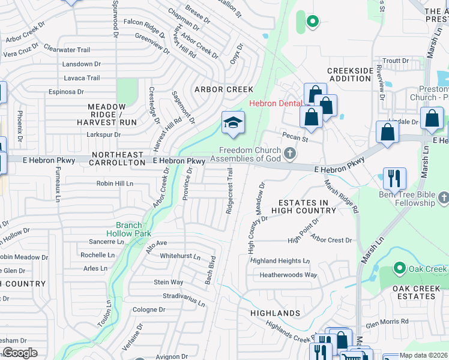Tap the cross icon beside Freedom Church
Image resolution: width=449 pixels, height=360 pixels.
(x=289, y=154)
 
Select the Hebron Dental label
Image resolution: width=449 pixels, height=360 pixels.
(x=276, y=103)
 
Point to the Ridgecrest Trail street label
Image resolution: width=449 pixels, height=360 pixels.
(x=229, y=191)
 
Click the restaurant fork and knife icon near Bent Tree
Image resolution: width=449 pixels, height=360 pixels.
(x=394, y=178)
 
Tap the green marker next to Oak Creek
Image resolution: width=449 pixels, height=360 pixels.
(x=397, y=268)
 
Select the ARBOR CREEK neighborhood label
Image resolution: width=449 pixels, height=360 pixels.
(x=223, y=89)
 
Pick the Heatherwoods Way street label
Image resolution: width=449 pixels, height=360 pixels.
(x=288, y=275)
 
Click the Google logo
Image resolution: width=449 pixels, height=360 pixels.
(x=19, y=353)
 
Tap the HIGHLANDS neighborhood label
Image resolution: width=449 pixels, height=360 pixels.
(x=276, y=313)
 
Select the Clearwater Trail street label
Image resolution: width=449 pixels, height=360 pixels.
(x=67, y=50)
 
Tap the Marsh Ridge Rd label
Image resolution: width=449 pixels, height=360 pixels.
(x=342, y=196)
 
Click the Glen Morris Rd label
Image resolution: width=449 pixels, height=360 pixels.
(x=387, y=322)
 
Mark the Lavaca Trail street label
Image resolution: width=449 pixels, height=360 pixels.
(x=82, y=78)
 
